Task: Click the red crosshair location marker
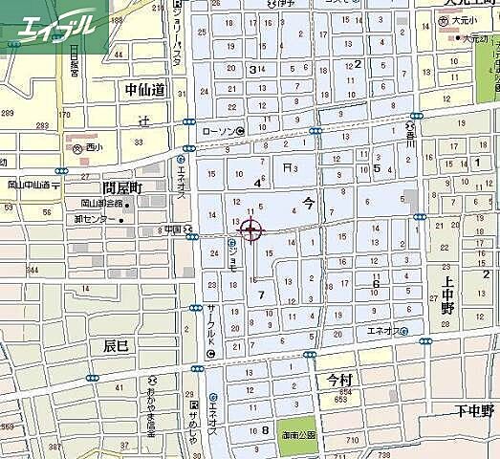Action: click(x=250, y=230)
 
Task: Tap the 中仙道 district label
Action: click(x=144, y=89)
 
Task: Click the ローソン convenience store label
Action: click(x=219, y=131)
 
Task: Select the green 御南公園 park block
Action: click(x=297, y=435)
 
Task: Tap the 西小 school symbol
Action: click(x=76, y=148)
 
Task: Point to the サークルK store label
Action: click(x=211, y=326)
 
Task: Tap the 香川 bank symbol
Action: click(x=410, y=126)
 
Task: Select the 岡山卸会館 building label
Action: click(x=102, y=204)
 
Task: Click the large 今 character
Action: click(x=307, y=202)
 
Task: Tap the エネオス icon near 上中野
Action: click(x=405, y=331)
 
